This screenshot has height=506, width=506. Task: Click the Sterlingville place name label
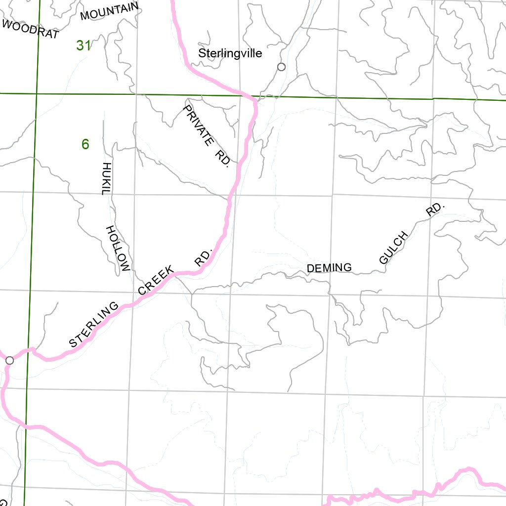pos(230,53)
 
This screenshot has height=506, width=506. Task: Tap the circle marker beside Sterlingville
pos(281,67)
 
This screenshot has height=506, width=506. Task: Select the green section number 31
pos(84,45)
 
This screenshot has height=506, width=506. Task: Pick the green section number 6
pos(85,144)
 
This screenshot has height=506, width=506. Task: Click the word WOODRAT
pos(31,29)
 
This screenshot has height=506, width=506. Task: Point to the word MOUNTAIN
pos(109,11)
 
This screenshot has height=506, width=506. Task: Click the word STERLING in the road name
pos(94,325)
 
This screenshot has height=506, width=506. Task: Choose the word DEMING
pos(329,268)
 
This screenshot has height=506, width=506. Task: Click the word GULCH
pos(394,247)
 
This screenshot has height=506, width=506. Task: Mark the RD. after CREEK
pos(204,257)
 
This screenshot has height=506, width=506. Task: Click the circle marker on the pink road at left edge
pos(9,360)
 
